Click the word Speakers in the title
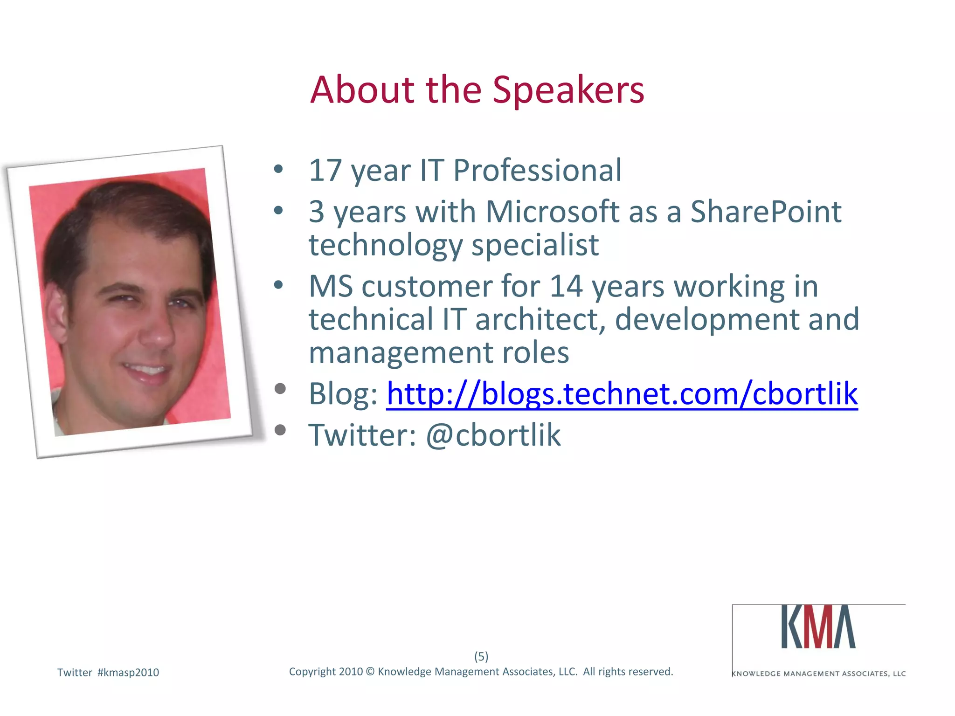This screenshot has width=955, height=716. (x=568, y=90)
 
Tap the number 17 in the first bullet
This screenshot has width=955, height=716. (x=325, y=171)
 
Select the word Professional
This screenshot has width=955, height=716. (x=537, y=171)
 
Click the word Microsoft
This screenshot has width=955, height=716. (x=552, y=212)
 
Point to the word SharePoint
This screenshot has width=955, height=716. (x=766, y=212)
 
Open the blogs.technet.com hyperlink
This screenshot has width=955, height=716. (x=622, y=394)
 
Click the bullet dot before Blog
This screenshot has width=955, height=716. (x=280, y=389)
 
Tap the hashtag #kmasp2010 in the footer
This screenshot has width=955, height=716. (x=128, y=673)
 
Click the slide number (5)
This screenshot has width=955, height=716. (x=481, y=656)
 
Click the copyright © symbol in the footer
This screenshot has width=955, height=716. (x=370, y=672)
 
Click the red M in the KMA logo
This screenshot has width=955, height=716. (x=819, y=627)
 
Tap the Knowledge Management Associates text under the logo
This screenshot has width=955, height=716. (x=819, y=674)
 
